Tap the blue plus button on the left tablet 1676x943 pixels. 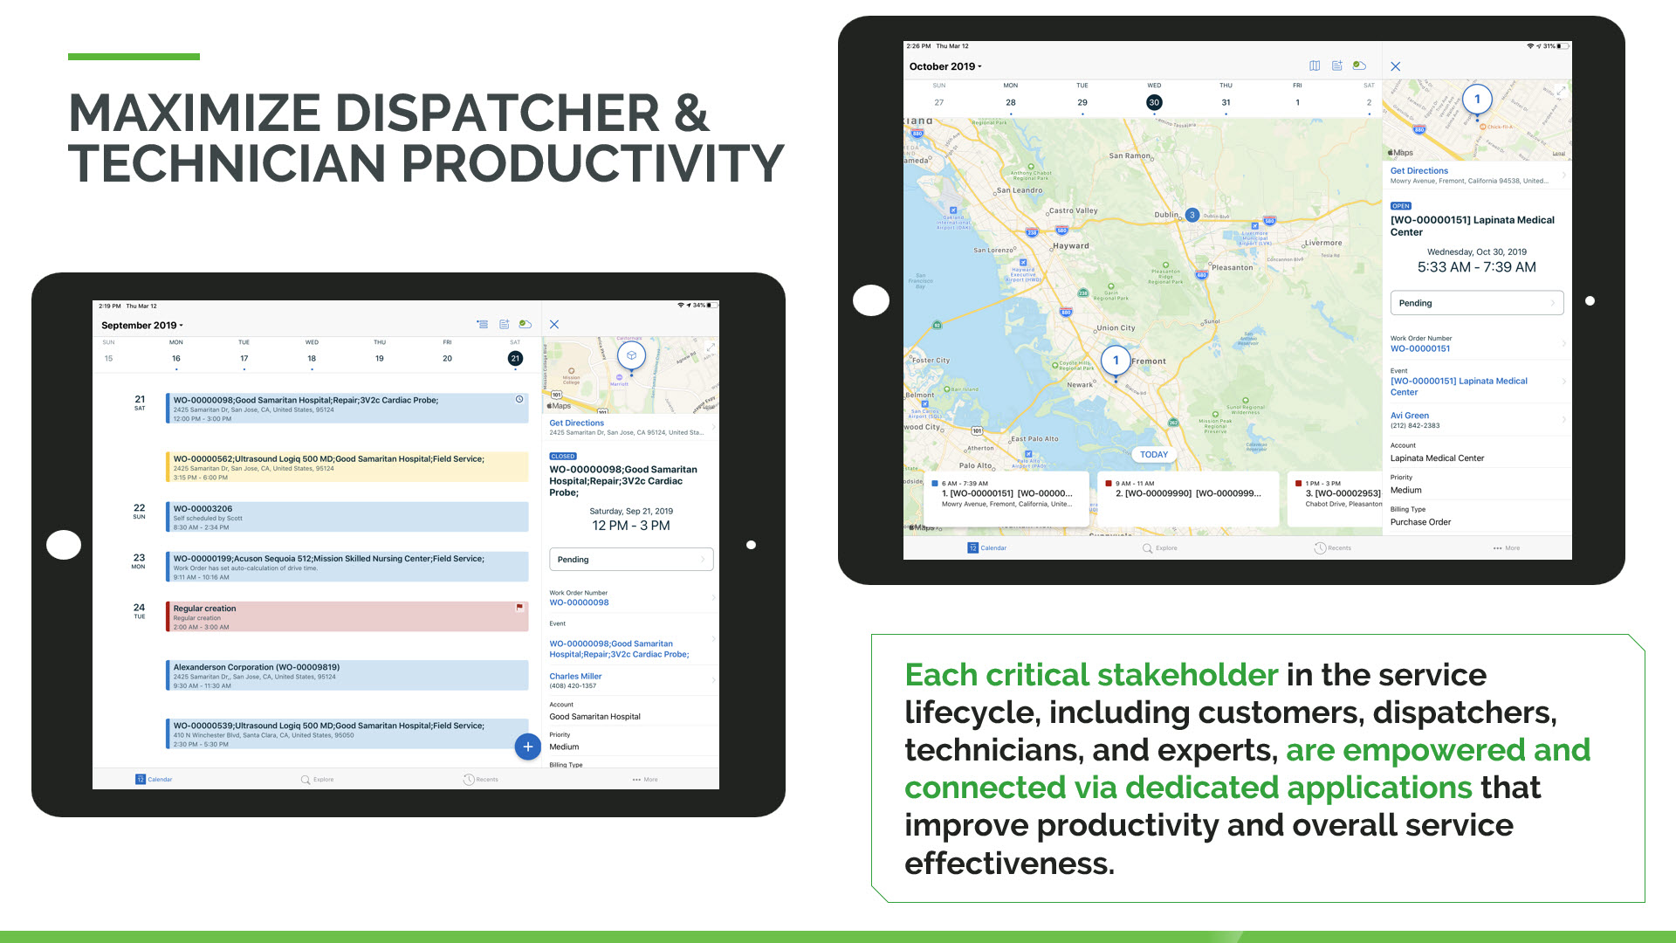(x=527, y=747)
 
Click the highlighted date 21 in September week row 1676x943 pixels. (x=515, y=358)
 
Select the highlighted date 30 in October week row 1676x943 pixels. (x=1154, y=102)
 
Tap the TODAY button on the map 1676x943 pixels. (x=1153, y=454)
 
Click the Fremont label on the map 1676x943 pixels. (x=1149, y=361)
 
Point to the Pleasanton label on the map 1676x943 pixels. (x=1232, y=267)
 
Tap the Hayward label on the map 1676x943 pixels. (x=1071, y=245)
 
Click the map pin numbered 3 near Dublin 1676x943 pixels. (x=1192, y=215)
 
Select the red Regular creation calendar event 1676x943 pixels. (x=347, y=616)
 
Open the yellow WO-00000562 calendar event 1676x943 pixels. (x=347, y=466)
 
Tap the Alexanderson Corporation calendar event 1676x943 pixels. (x=347, y=675)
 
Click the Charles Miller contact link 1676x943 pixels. (x=575, y=676)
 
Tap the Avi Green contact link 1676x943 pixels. (x=1410, y=416)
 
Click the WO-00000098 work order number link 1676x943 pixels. (x=579, y=602)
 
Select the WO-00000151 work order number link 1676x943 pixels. (x=1420, y=348)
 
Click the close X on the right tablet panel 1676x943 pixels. (x=1396, y=66)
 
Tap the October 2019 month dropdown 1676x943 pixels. (x=945, y=66)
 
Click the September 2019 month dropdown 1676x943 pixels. (x=141, y=325)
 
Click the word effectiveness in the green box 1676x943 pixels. (x=1008, y=864)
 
